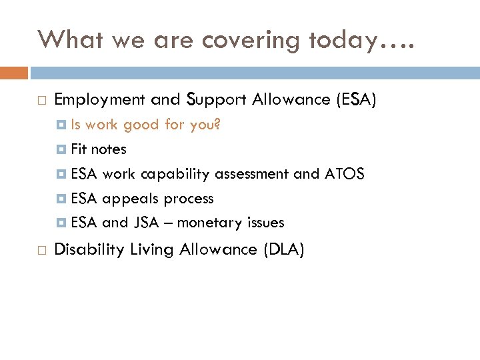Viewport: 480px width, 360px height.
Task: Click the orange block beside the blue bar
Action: [x=14, y=73]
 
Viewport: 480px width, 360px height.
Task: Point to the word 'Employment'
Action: [x=99, y=100]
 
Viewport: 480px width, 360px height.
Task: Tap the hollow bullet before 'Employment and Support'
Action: [x=42, y=101]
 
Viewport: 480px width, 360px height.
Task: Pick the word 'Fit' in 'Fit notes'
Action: [x=79, y=149]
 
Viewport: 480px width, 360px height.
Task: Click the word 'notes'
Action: [x=109, y=149]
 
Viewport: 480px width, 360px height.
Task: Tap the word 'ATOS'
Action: [x=344, y=174]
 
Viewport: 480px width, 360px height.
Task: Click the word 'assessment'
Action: [x=251, y=174]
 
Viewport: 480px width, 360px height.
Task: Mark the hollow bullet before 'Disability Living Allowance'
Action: [x=42, y=251]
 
